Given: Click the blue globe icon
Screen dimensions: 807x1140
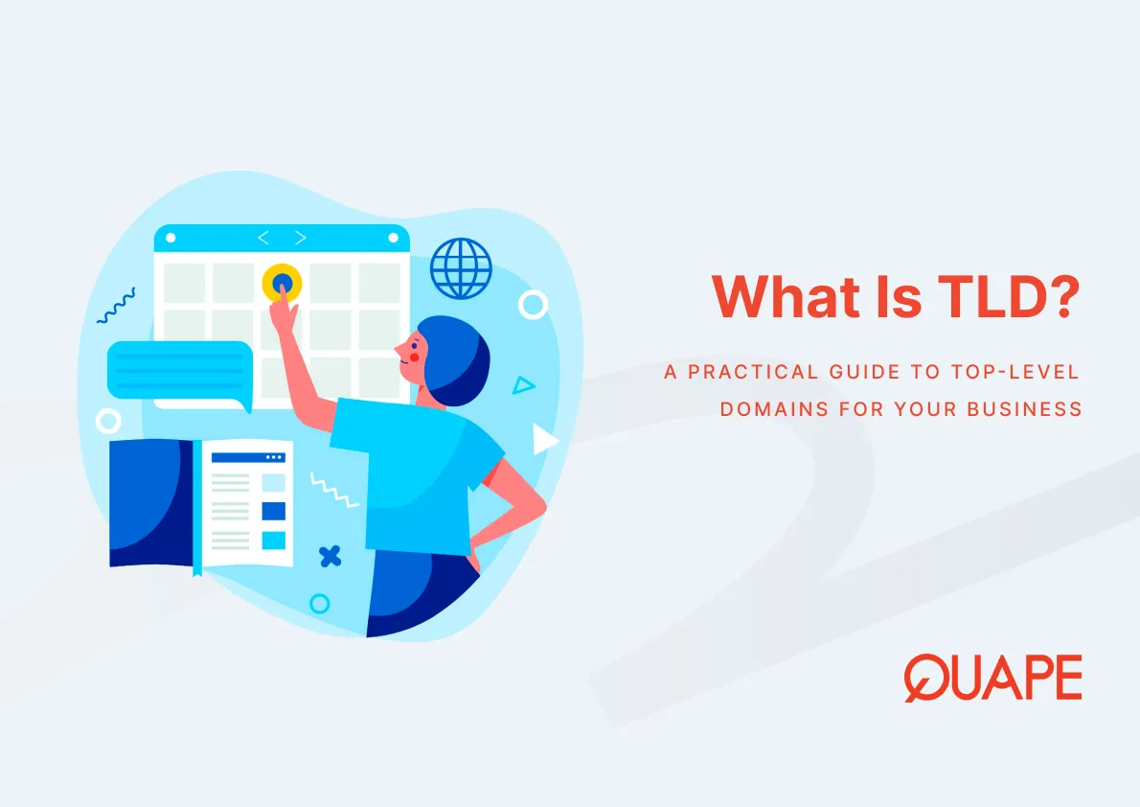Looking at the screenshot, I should (461, 268).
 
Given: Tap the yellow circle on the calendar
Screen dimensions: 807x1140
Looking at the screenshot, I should (282, 283).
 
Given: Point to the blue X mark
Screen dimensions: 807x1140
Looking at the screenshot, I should (330, 556).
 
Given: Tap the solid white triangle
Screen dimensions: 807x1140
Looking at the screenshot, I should (544, 440).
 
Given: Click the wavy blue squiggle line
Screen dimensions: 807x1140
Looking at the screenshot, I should (117, 305).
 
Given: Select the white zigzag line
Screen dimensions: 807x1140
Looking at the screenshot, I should (335, 490).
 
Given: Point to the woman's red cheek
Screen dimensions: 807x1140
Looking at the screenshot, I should (415, 356).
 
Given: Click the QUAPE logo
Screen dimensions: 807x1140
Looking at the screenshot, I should (992, 679).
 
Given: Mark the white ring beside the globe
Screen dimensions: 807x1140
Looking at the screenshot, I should (533, 305).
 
